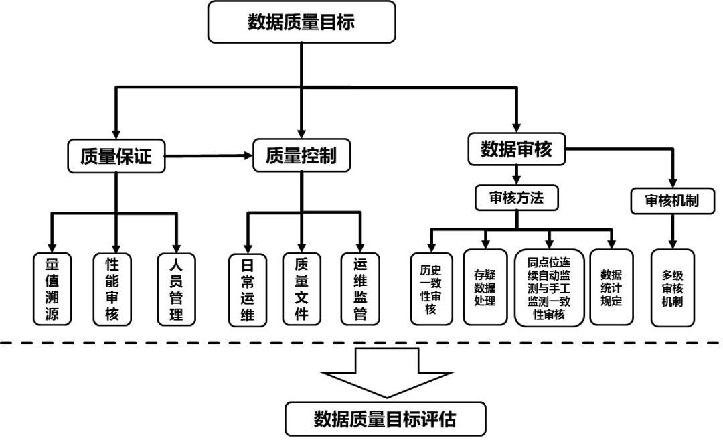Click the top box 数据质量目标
pyautogui.click(x=301, y=22)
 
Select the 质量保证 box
pyautogui.click(x=116, y=155)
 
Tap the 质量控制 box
pyautogui.click(x=301, y=155)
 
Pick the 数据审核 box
pyautogui.click(x=516, y=149)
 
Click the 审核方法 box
pyautogui.click(x=516, y=198)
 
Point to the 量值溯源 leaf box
pyautogui.click(x=52, y=288)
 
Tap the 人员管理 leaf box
pyautogui.click(x=176, y=288)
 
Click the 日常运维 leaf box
pyautogui.click(x=247, y=288)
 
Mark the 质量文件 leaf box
pyautogui.click(x=302, y=288)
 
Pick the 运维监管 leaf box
pyautogui.click(x=359, y=288)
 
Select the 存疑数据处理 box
pyautogui.click(x=485, y=288)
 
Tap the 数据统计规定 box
pyautogui.click(x=611, y=288)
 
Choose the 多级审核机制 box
pyautogui.click(x=672, y=288)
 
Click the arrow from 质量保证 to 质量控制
pyautogui.click(x=208, y=156)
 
